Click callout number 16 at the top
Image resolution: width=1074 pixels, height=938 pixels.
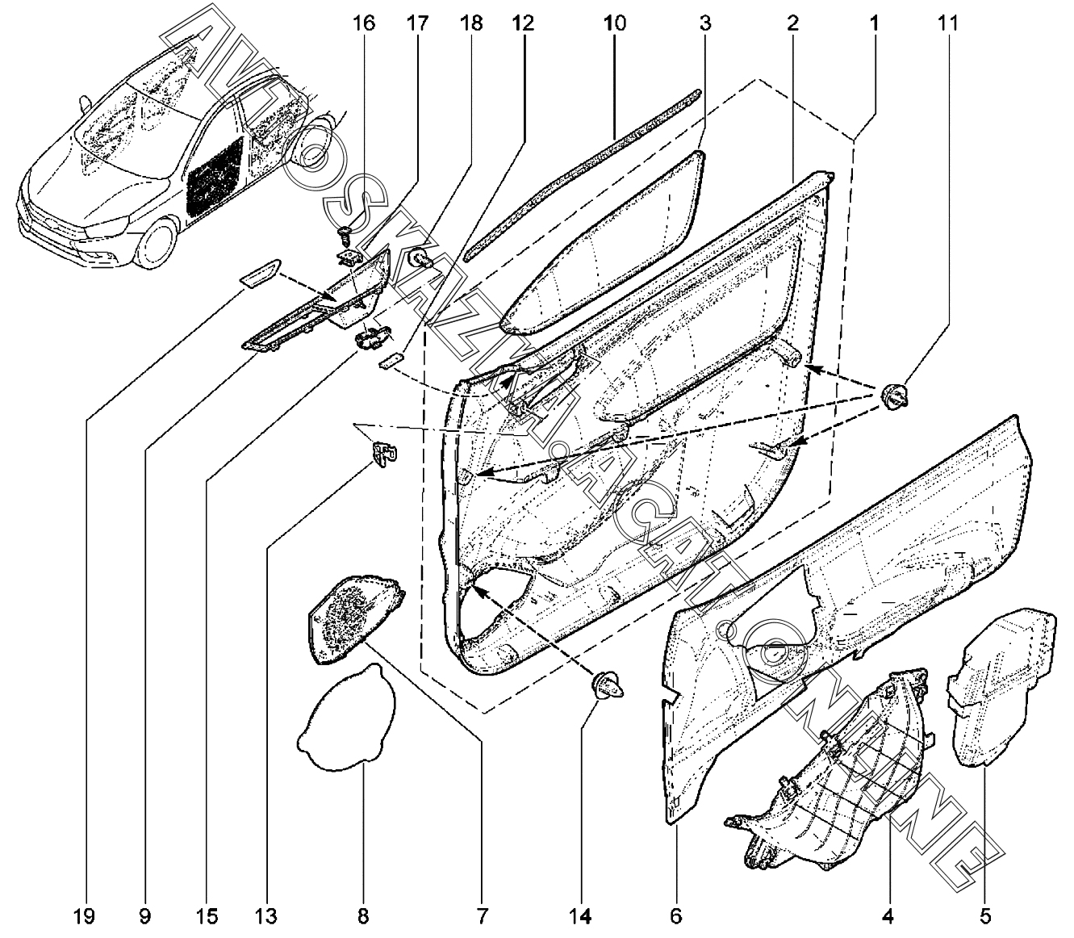tap(364, 23)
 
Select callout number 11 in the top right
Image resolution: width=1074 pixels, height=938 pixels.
tap(949, 23)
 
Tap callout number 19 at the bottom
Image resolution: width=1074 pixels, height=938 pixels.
tap(85, 917)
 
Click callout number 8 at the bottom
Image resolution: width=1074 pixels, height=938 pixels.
tap(362, 917)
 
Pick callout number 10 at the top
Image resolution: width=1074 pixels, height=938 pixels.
tap(614, 23)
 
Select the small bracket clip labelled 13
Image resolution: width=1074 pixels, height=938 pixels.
tap(384, 454)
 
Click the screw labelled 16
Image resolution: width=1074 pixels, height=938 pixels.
tap(345, 237)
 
